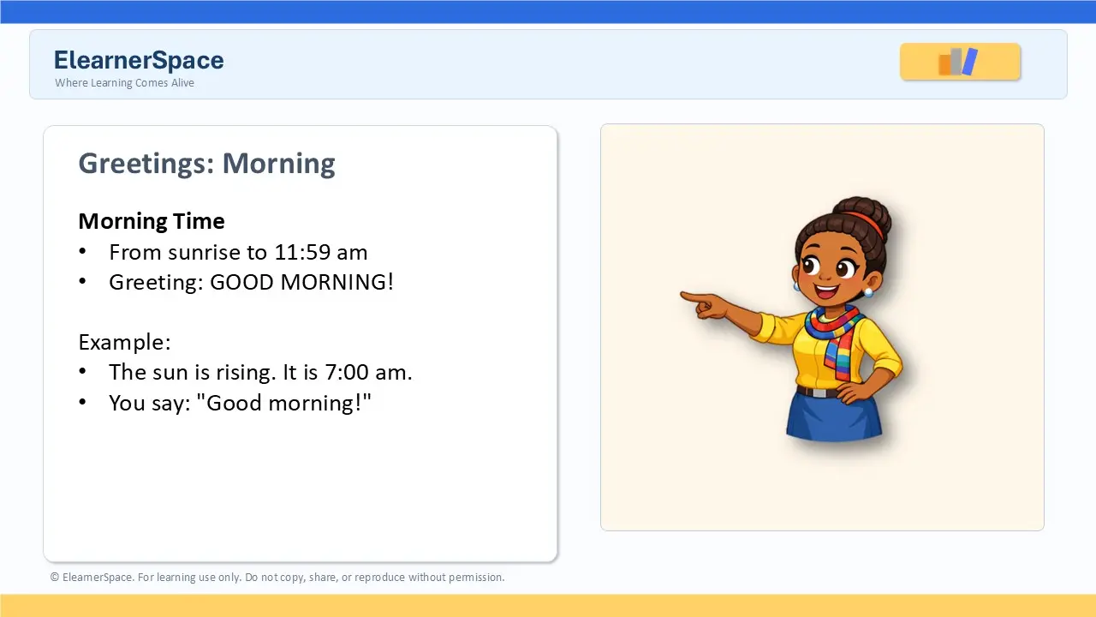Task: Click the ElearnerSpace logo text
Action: tap(139, 60)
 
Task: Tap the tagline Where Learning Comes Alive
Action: tap(124, 83)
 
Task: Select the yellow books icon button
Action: tap(960, 62)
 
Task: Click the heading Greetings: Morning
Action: tap(206, 163)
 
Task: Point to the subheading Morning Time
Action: tap(152, 221)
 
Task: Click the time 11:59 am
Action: tap(321, 252)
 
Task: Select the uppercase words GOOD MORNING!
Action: tap(301, 282)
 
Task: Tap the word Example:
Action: tap(124, 342)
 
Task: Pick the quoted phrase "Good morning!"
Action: tap(283, 403)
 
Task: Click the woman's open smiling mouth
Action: tap(826, 292)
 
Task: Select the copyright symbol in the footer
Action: tap(54, 578)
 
